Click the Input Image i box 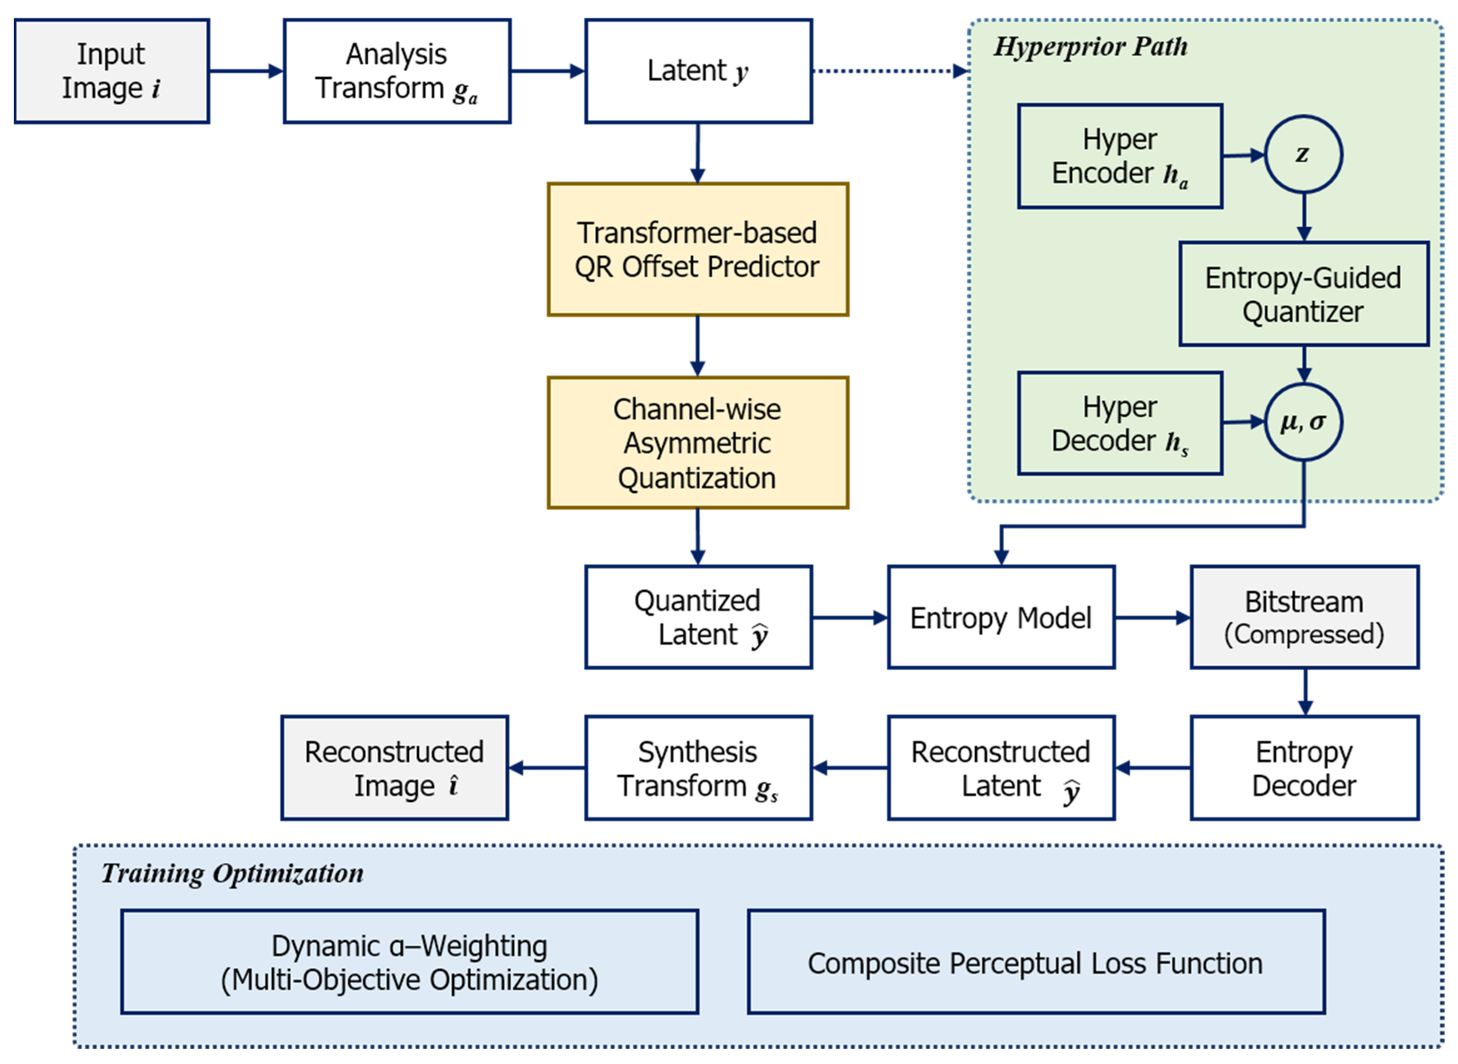pos(111,71)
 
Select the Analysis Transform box pos(397,71)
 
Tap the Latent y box pos(698,71)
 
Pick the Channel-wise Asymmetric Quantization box pos(698,443)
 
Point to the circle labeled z pos(1304,154)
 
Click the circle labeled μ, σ pos(1304,422)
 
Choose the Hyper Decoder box pos(1120,424)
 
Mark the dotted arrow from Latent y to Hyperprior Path pos(889,71)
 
